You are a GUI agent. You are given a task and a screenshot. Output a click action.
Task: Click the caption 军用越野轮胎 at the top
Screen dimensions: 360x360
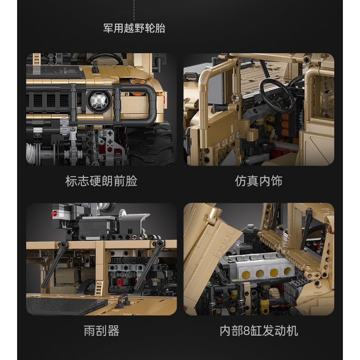click(x=135, y=28)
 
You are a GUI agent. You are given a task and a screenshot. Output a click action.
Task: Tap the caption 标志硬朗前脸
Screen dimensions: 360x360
click(x=101, y=181)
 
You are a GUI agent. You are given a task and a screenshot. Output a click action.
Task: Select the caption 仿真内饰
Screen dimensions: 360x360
click(x=259, y=181)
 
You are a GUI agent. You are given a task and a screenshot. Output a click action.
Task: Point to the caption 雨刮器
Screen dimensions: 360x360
click(x=101, y=331)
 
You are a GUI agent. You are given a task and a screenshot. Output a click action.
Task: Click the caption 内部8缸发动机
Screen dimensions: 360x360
click(x=259, y=331)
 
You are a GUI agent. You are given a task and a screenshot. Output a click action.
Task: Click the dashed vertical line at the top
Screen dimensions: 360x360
click(x=135, y=9)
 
